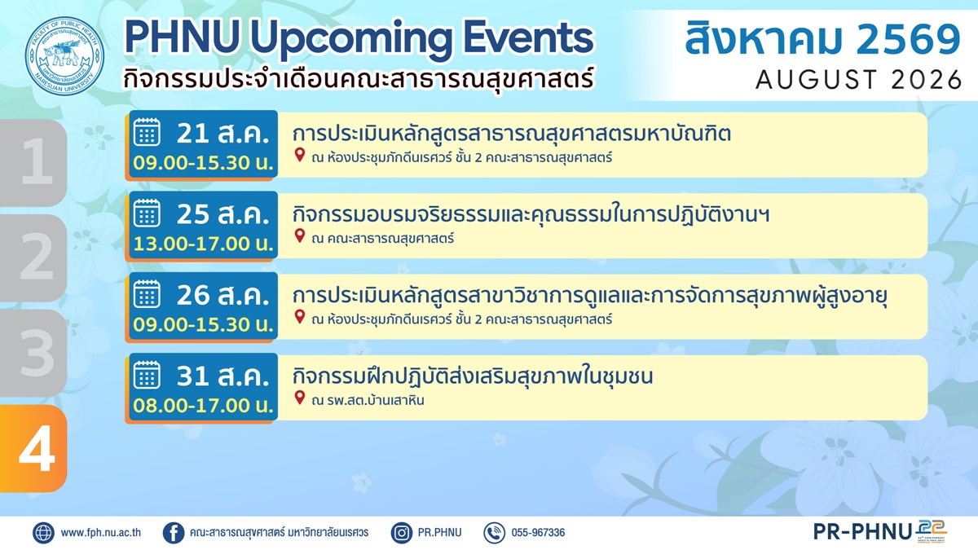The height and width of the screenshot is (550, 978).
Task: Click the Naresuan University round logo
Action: point(64,55)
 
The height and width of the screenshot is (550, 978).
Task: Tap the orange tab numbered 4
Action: point(33,448)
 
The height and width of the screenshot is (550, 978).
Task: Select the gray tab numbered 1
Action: point(33,163)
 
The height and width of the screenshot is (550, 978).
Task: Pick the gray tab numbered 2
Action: point(33,257)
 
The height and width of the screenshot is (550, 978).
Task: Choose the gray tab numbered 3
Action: point(33,353)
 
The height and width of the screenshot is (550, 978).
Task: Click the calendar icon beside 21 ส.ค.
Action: point(147,132)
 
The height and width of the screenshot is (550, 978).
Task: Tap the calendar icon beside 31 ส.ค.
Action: point(147,375)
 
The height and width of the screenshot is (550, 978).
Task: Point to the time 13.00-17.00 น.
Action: point(204,244)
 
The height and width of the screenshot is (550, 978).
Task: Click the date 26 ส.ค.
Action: point(222,295)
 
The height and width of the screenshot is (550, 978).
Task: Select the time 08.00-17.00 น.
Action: point(204,406)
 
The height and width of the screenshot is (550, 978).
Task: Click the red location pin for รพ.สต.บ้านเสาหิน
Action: point(300,398)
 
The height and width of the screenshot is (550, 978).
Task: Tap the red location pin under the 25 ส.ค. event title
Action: point(300,235)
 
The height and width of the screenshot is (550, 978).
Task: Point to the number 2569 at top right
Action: point(908,39)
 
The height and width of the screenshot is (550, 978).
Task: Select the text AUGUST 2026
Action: point(858,80)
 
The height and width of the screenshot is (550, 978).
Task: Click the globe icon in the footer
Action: point(43,533)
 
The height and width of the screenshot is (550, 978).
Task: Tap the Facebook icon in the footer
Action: point(174,533)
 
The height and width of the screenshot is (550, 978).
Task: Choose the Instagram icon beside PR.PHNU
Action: point(401,533)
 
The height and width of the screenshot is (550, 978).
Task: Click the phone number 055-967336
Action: point(538,533)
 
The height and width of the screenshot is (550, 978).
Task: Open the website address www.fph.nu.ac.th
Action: point(101,533)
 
